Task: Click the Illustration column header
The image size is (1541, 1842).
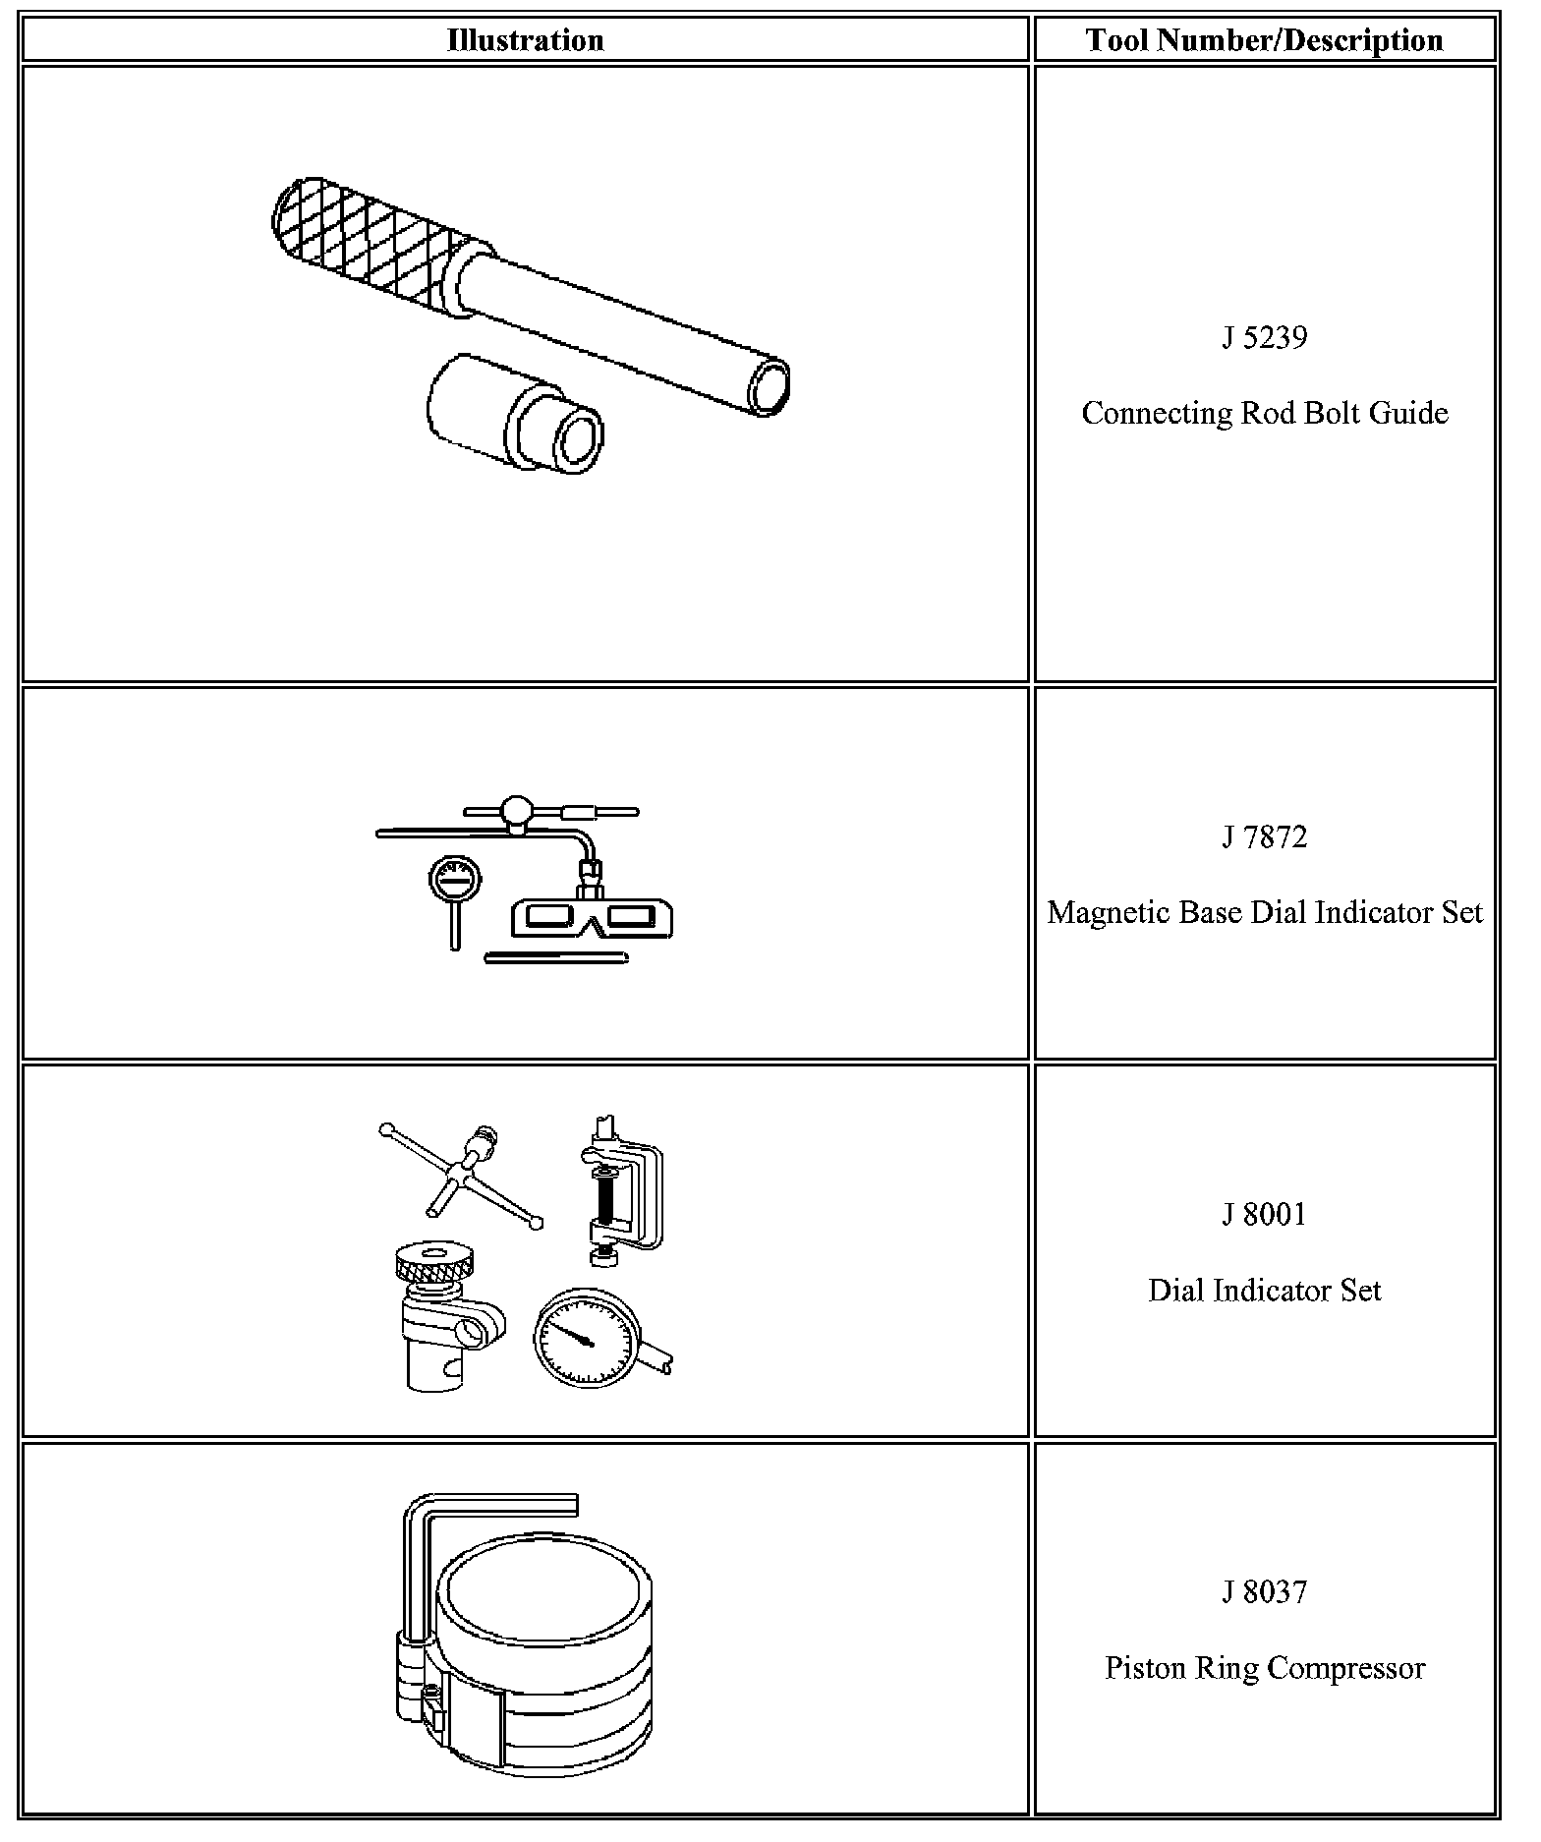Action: (x=525, y=40)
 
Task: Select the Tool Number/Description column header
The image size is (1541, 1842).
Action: (x=1264, y=40)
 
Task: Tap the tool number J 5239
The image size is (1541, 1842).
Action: (x=1264, y=338)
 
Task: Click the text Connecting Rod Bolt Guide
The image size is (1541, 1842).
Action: (x=1264, y=413)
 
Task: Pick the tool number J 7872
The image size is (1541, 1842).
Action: (x=1264, y=837)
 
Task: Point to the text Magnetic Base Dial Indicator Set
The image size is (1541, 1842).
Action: (x=1264, y=912)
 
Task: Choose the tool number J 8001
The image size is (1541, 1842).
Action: (x=1264, y=1215)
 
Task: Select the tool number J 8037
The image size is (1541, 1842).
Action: (x=1264, y=1592)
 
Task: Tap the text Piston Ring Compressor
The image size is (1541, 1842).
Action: (x=1264, y=1668)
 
